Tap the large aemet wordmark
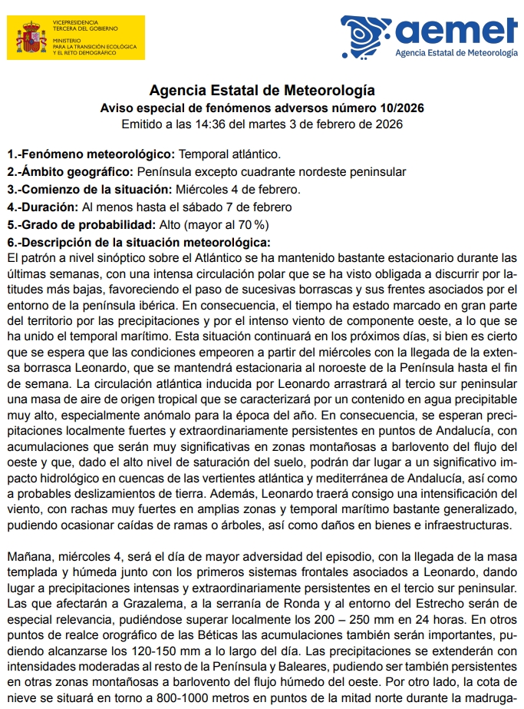457,30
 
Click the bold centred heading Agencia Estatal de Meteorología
262,90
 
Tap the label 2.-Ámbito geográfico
71,171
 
